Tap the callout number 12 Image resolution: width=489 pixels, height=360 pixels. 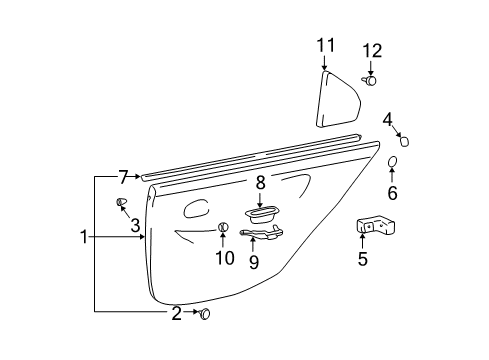tap(371, 50)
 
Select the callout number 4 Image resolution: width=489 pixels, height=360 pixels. tap(387, 119)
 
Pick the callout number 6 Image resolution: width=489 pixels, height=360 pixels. tap(392, 193)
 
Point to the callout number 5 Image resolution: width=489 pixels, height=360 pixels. tap(362, 260)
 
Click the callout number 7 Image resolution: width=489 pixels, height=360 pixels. tap(122, 178)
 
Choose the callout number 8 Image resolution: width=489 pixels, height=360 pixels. tap(260, 182)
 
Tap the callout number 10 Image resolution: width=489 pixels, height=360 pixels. tap(225, 258)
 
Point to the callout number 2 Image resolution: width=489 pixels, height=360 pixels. tap(176, 314)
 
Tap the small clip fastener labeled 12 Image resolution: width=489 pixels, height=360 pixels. tap(371, 82)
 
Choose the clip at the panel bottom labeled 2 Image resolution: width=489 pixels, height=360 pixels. tap(206, 314)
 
